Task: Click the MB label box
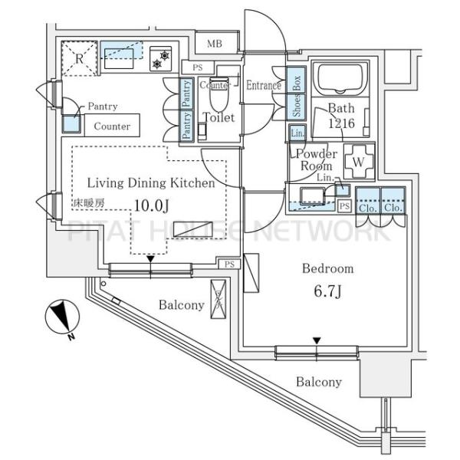click(x=214, y=44)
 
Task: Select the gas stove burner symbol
click(x=163, y=58)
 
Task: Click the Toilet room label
click(x=218, y=117)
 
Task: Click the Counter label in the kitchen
click(x=112, y=127)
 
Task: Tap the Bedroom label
click(x=327, y=268)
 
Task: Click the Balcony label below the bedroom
click(x=319, y=382)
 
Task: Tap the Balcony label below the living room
click(x=182, y=305)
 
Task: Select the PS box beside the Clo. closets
click(x=344, y=206)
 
